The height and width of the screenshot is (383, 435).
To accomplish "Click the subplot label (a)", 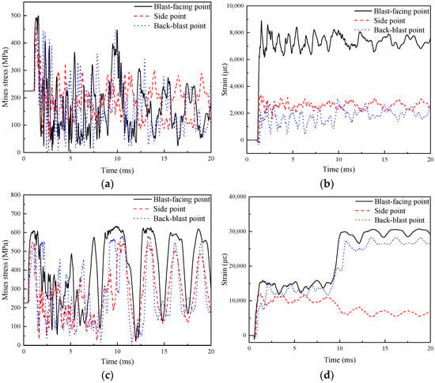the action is pos(108,184).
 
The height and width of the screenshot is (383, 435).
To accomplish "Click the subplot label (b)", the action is pos(327,184).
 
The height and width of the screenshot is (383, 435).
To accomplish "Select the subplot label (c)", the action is pos(108,376).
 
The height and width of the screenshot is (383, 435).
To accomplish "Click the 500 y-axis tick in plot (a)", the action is pos(16,16).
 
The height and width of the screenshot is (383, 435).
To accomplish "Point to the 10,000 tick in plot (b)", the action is pos(234,6).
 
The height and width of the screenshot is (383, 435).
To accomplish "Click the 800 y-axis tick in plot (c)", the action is pos(16,195).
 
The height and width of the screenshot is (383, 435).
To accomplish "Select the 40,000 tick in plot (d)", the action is pos(236,197).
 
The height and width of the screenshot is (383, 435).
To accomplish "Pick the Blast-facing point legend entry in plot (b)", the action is pos(391,11).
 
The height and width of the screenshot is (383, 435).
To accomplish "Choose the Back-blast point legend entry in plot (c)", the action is pos(169,219).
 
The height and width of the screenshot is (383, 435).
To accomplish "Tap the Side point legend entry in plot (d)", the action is pos(380,211).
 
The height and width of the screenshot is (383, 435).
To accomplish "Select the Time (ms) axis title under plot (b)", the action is pos(339,169).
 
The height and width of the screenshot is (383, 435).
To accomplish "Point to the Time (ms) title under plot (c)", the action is pos(117,362).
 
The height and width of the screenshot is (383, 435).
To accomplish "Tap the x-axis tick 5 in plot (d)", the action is pos(295,349).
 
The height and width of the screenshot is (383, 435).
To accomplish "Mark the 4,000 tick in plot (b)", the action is pos(236,86).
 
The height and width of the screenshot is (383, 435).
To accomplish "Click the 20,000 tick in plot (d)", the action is pos(236,266).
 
